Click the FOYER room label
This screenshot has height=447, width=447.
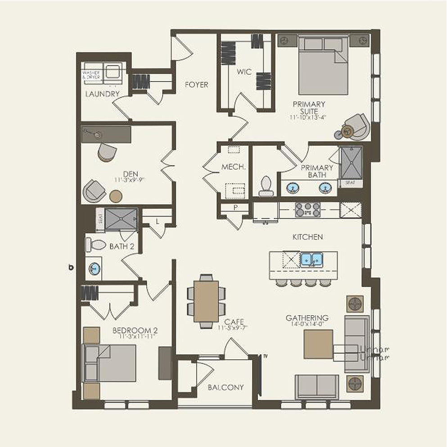click(196, 85)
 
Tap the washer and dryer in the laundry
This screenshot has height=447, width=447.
click(102, 73)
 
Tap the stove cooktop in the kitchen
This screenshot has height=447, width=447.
click(307, 210)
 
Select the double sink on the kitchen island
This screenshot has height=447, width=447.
click(312, 260)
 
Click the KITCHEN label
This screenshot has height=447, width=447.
click(307, 237)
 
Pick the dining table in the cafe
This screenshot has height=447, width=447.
click(206, 301)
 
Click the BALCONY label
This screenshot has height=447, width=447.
click(226, 387)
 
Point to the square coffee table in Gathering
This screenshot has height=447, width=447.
click(318, 344)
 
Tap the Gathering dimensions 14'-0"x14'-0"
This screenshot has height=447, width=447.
click(307, 324)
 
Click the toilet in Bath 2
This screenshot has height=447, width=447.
click(96, 245)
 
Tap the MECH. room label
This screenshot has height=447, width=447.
click(233, 167)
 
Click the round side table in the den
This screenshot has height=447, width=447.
click(116, 196)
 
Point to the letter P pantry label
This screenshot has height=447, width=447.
click(235, 208)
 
